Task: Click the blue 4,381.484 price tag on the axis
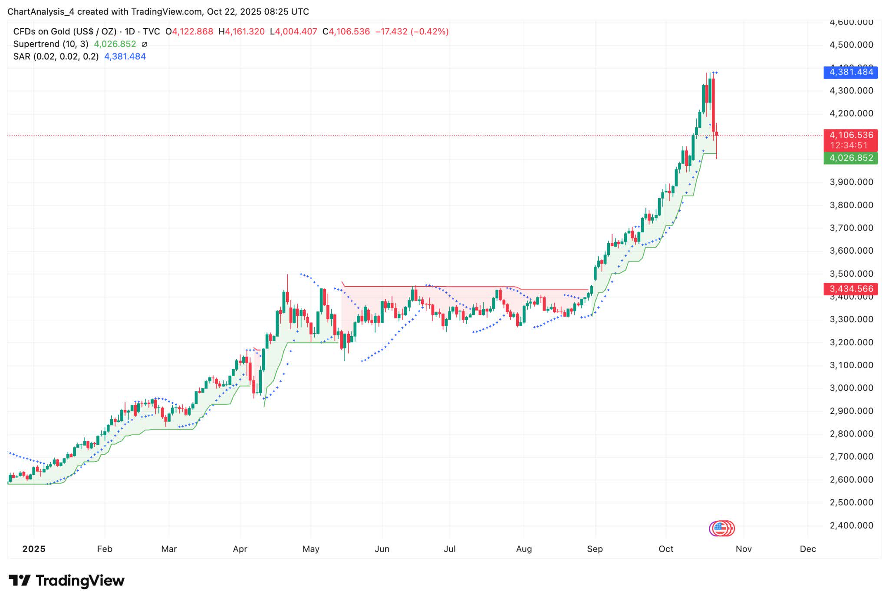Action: point(850,72)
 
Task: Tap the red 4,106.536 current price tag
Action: point(850,135)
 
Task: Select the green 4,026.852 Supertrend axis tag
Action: point(850,158)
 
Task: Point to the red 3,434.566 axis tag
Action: point(850,289)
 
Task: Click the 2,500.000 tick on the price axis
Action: point(851,503)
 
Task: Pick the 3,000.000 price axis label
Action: point(851,388)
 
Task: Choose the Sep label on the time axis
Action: point(595,549)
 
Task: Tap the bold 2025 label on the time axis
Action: point(34,549)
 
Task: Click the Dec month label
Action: point(807,549)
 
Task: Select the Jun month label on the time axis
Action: point(382,549)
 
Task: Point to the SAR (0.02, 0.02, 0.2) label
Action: point(56,56)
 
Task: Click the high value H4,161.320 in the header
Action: point(241,32)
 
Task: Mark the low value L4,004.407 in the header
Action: point(293,32)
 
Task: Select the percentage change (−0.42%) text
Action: point(430,32)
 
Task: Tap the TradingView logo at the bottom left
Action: point(66,581)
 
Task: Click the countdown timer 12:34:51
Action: point(849,146)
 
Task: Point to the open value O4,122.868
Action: point(189,32)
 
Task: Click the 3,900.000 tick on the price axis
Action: point(851,182)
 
